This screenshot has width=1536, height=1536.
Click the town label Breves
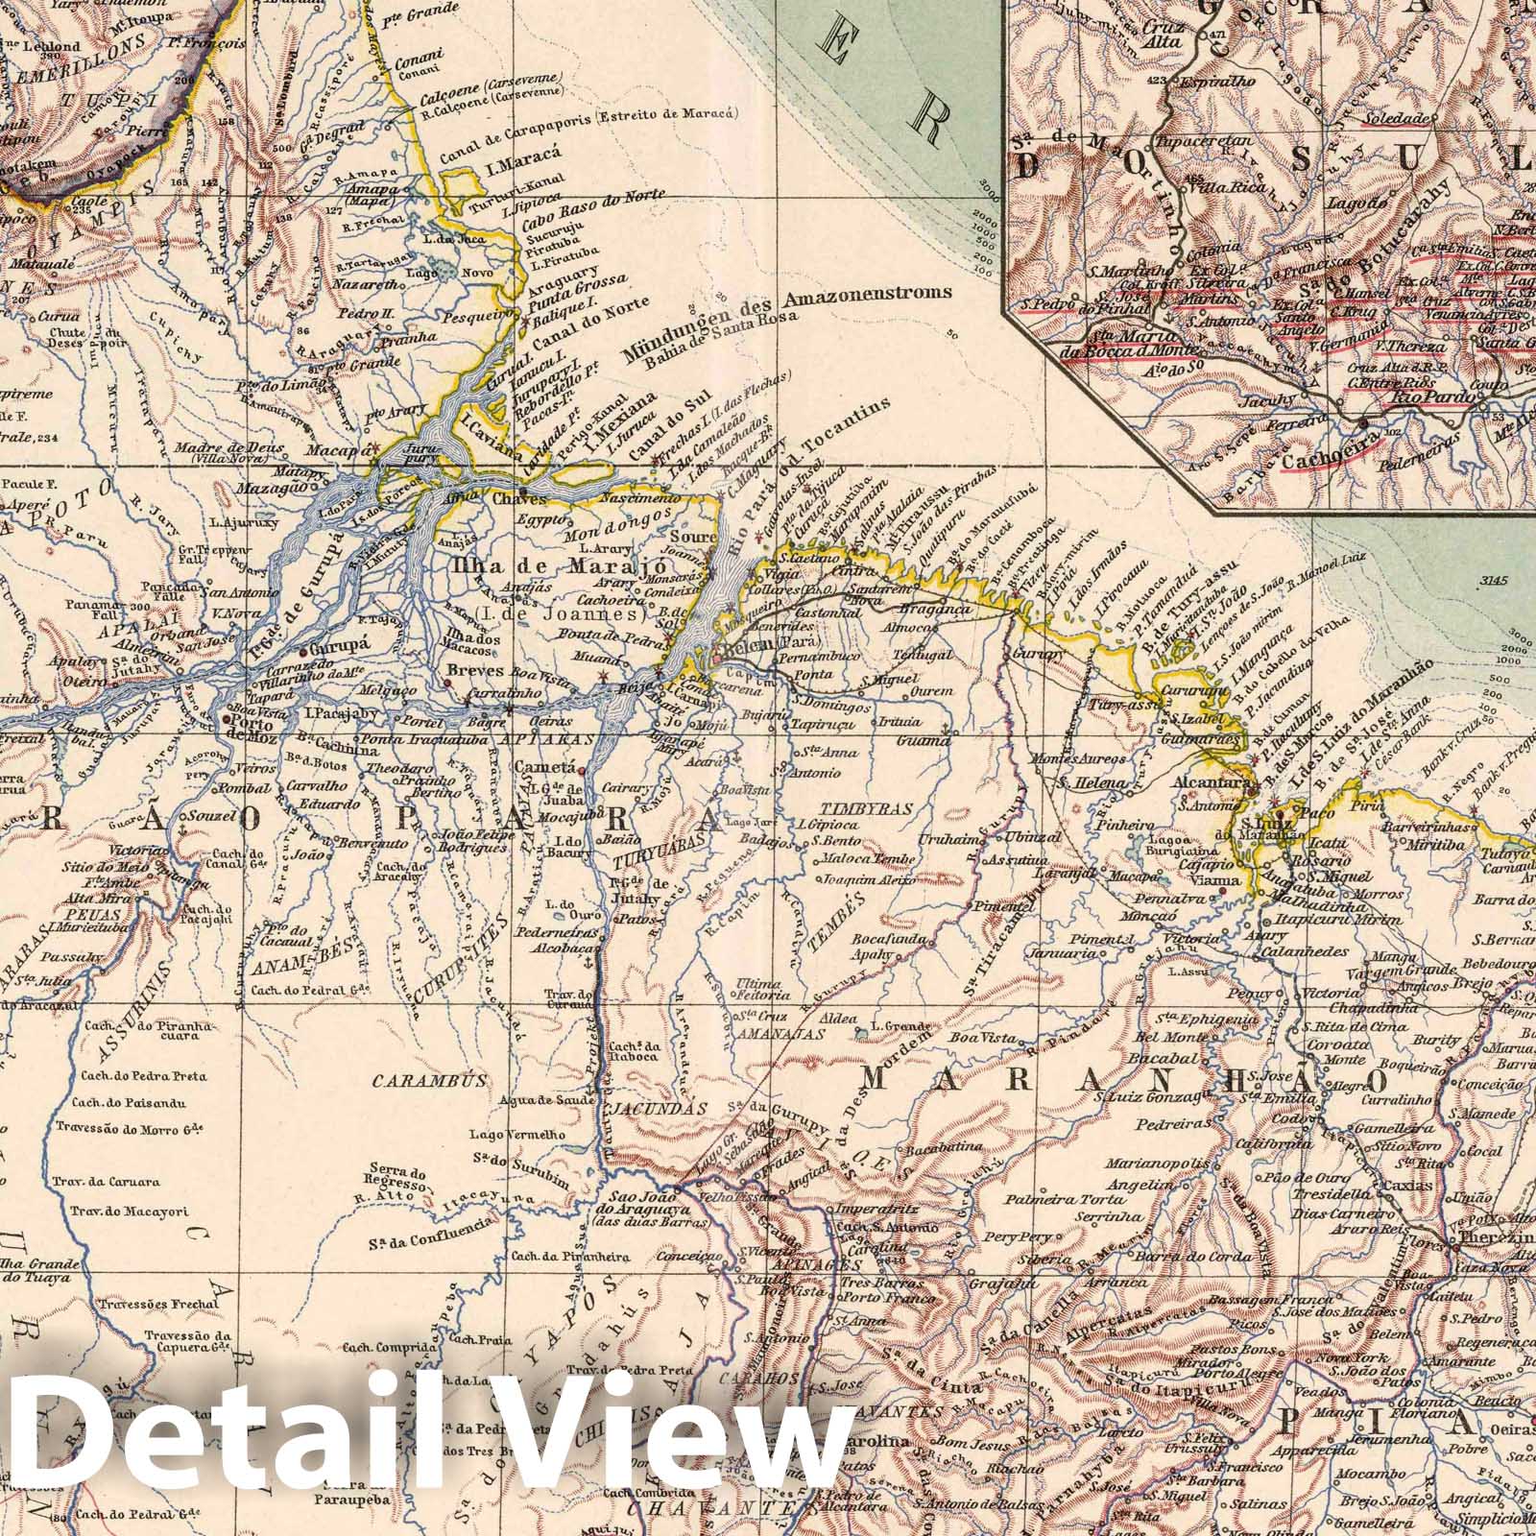click(476, 672)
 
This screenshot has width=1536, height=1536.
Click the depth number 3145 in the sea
click(1497, 580)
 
